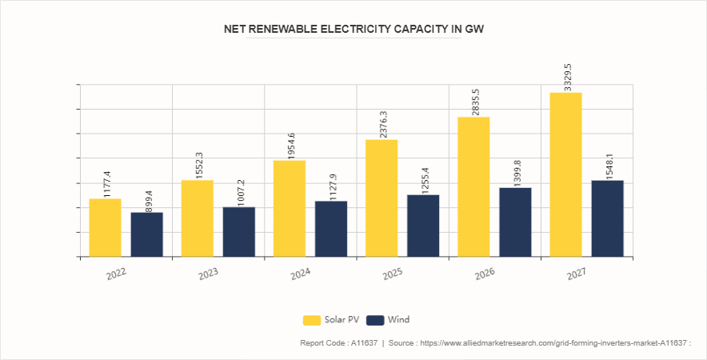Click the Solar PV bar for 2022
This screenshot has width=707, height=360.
(105, 227)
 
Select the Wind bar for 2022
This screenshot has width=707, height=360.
(146, 234)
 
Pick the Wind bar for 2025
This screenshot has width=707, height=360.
(423, 226)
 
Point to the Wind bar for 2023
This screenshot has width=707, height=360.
(238, 232)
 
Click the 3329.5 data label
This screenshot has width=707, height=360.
(567, 78)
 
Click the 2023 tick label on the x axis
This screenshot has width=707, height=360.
(209, 273)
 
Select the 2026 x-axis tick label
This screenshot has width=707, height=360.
(485, 273)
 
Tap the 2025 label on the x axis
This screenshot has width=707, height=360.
(393, 273)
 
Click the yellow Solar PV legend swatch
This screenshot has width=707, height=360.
(311, 320)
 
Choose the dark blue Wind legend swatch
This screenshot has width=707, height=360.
(374, 320)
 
